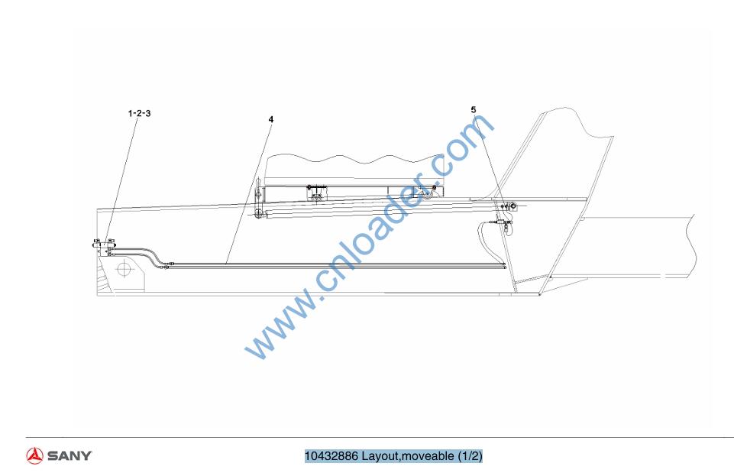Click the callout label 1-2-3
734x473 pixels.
pyautogui.click(x=139, y=113)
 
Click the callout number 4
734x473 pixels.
pyautogui.click(x=271, y=119)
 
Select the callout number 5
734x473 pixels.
pyautogui.click(x=474, y=109)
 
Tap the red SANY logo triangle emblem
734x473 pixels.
pyautogui.click(x=34, y=455)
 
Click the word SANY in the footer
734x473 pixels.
pyautogui.click(x=70, y=455)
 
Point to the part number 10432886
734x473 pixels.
pyautogui.click(x=331, y=455)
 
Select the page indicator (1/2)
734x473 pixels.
pyautogui.click(x=470, y=456)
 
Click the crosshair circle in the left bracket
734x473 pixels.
pyautogui.click(x=123, y=269)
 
